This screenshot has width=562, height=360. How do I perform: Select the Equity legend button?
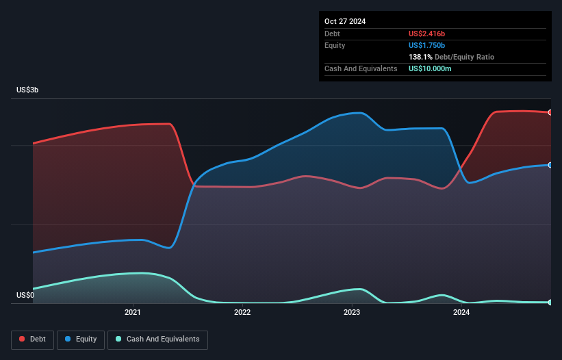pos(81,339)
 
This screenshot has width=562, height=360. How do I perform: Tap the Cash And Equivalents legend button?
pos(157,339)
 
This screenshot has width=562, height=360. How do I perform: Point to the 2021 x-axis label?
pos(133,313)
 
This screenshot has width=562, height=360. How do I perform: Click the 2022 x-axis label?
pos(242,313)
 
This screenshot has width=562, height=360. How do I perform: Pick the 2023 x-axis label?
pos(352,313)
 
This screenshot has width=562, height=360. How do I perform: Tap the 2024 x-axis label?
pos(461,313)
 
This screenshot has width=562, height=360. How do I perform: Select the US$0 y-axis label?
pos(25,296)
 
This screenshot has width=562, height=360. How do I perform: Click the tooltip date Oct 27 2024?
pos(345,21)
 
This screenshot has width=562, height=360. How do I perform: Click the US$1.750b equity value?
pos(431,45)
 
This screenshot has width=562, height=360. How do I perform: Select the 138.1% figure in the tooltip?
pos(420,57)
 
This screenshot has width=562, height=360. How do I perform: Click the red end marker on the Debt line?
pos(550,112)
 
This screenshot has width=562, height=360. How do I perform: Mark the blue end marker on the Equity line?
pos(550,165)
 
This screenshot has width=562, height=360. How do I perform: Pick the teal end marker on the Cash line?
pos(550,302)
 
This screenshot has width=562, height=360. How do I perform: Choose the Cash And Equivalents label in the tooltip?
pos(361,68)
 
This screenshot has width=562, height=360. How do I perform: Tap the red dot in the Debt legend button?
pos(23,339)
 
